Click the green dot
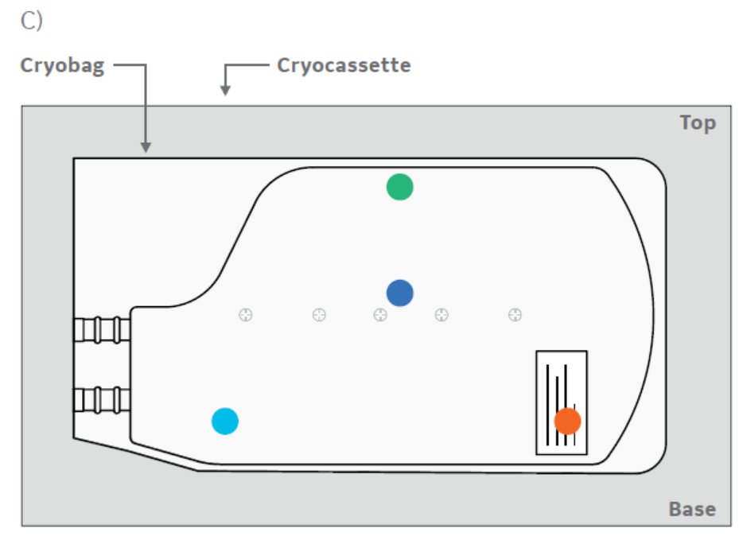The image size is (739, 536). point(399,187)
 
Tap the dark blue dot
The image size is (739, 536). point(399,293)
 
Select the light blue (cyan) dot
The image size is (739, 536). point(225,421)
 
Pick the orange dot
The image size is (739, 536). point(567,420)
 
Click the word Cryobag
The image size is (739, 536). point(62,66)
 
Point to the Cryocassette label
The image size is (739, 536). point(344,65)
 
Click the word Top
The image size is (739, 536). point(697,123)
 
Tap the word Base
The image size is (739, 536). point(691,509)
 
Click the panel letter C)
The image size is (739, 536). point(31,21)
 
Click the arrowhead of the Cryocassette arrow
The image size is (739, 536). point(225,91)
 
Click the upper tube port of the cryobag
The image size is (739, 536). point(102,329)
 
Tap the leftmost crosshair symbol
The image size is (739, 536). point(246,315)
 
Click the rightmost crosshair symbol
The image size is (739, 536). point(515,315)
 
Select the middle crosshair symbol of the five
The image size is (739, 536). point(380,315)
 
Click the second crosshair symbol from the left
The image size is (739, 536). point(319,315)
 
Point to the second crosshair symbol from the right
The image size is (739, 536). point(441,315)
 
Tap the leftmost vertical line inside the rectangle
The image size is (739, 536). point(547,402)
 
